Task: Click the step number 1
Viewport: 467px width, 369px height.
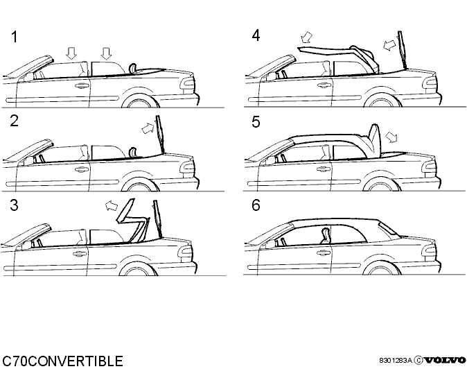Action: pos(15,37)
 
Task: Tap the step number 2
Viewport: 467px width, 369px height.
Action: pos(14,121)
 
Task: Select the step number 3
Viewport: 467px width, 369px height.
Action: pos(14,205)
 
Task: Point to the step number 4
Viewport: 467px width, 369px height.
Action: pos(256,35)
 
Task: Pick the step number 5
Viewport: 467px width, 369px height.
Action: pos(256,122)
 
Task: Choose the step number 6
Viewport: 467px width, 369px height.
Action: pos(256,205)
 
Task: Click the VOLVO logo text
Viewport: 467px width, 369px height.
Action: pos(446,361)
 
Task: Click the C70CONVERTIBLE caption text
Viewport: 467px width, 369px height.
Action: pos(62,361)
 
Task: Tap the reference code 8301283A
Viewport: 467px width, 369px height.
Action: pos(395,361)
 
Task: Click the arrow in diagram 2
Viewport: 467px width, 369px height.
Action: pos(148,128)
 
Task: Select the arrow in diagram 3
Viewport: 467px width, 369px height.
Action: pos(112,205)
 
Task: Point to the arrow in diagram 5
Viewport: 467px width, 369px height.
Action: pos(391,137)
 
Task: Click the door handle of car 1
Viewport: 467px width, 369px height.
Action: pos(82,86)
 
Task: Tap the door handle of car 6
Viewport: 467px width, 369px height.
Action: pos(324,252)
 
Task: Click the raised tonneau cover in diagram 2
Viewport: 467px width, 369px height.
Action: pos(160,134)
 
